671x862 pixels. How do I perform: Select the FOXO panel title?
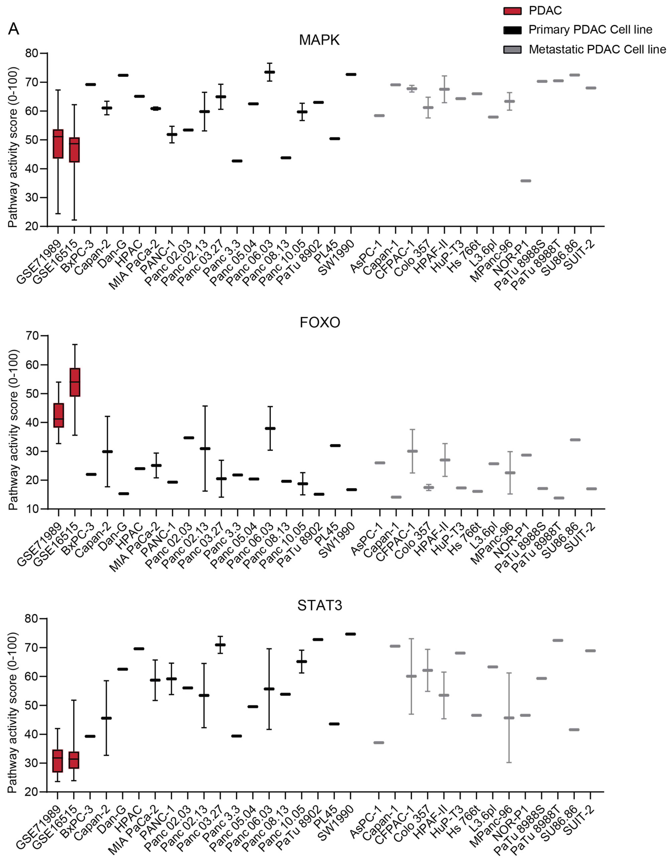click(320, 323)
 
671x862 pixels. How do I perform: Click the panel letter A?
click(13, 29)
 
